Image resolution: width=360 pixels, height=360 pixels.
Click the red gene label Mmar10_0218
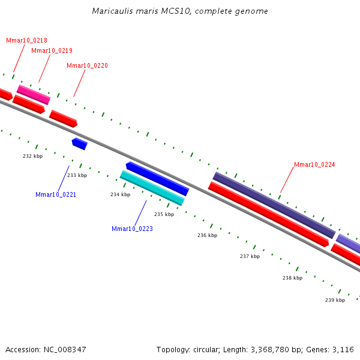[x=26, y=40]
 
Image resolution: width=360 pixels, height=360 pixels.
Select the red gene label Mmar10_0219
[x=52, y=50]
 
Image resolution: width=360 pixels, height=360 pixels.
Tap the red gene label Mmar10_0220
[x=87, y=65]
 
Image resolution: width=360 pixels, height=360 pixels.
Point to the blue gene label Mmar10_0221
[x=56, y=194]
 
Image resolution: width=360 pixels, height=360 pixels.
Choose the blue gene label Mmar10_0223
[x=132, y=229]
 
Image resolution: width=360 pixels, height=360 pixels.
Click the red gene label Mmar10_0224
[x=314, y=164]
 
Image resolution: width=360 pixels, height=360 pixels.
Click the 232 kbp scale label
[x=33, y=156]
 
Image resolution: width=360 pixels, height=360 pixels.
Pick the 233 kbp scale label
[x=77, y=175]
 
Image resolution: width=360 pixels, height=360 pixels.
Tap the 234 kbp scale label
[x=120, y=194]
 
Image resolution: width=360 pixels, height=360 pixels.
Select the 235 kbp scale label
[x=164, y=214]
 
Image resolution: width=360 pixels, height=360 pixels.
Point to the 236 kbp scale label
[x=207, y=235]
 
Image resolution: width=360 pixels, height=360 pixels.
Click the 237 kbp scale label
[x=250, y=256]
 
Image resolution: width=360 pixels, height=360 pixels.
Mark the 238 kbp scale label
[x=292, y=278]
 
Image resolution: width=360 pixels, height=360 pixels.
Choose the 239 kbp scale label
[x=335, y=300]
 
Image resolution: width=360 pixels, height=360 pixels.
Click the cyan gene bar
[x=152, y=188]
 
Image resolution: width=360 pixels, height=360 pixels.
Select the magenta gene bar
[x=34, y=95]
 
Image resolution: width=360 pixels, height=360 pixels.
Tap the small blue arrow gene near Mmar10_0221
[x=79, y=143]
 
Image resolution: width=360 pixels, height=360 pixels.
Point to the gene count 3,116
[x=342, y=349]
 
